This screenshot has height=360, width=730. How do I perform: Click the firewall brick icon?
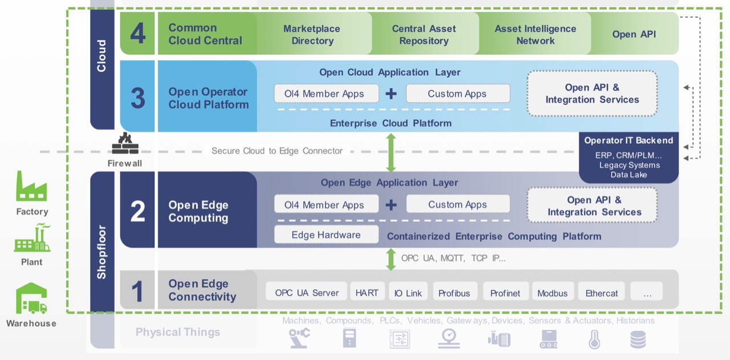click(125, 144)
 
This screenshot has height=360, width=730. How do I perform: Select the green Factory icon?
click(31, 186)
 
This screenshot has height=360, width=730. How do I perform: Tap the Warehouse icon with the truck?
click(31, 299)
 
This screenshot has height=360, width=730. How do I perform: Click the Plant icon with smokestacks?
click(32, 238)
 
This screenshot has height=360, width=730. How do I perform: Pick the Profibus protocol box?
click(454, 293)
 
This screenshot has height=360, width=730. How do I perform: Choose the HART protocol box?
click(367, 292)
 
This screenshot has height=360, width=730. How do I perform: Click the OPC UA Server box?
click(307, 292)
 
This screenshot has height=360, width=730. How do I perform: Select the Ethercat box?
click(602, 293)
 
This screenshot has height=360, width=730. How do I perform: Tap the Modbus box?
click(552, 293)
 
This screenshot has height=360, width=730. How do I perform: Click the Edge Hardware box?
click(326, 234)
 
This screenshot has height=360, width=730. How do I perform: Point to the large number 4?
click(137, 34)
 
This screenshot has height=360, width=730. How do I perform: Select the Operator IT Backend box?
click(628, 157)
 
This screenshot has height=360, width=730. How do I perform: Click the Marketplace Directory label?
click(312, 34)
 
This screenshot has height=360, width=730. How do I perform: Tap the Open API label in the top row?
click(634, 34)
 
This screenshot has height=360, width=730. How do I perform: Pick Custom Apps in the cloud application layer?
click(457, 94)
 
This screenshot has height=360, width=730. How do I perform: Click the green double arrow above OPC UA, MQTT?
click(391, 258)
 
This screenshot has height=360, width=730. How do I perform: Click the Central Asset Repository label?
click(424, 34)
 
